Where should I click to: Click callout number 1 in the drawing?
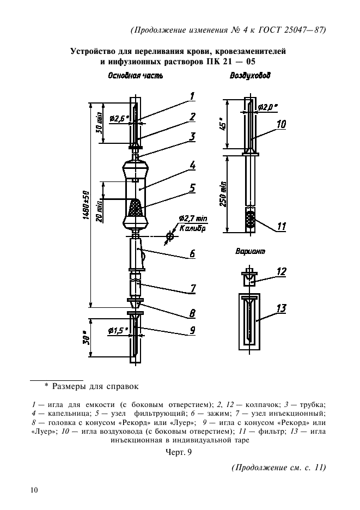[193, 97]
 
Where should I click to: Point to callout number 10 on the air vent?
[281, 124]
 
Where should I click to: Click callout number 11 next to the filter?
[281, 226]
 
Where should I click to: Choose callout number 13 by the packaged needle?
[281, 309]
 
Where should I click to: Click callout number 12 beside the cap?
[281, 271]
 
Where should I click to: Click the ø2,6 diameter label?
[118, 118]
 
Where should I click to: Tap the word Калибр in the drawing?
[191, 229]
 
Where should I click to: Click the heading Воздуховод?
[250, 76]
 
